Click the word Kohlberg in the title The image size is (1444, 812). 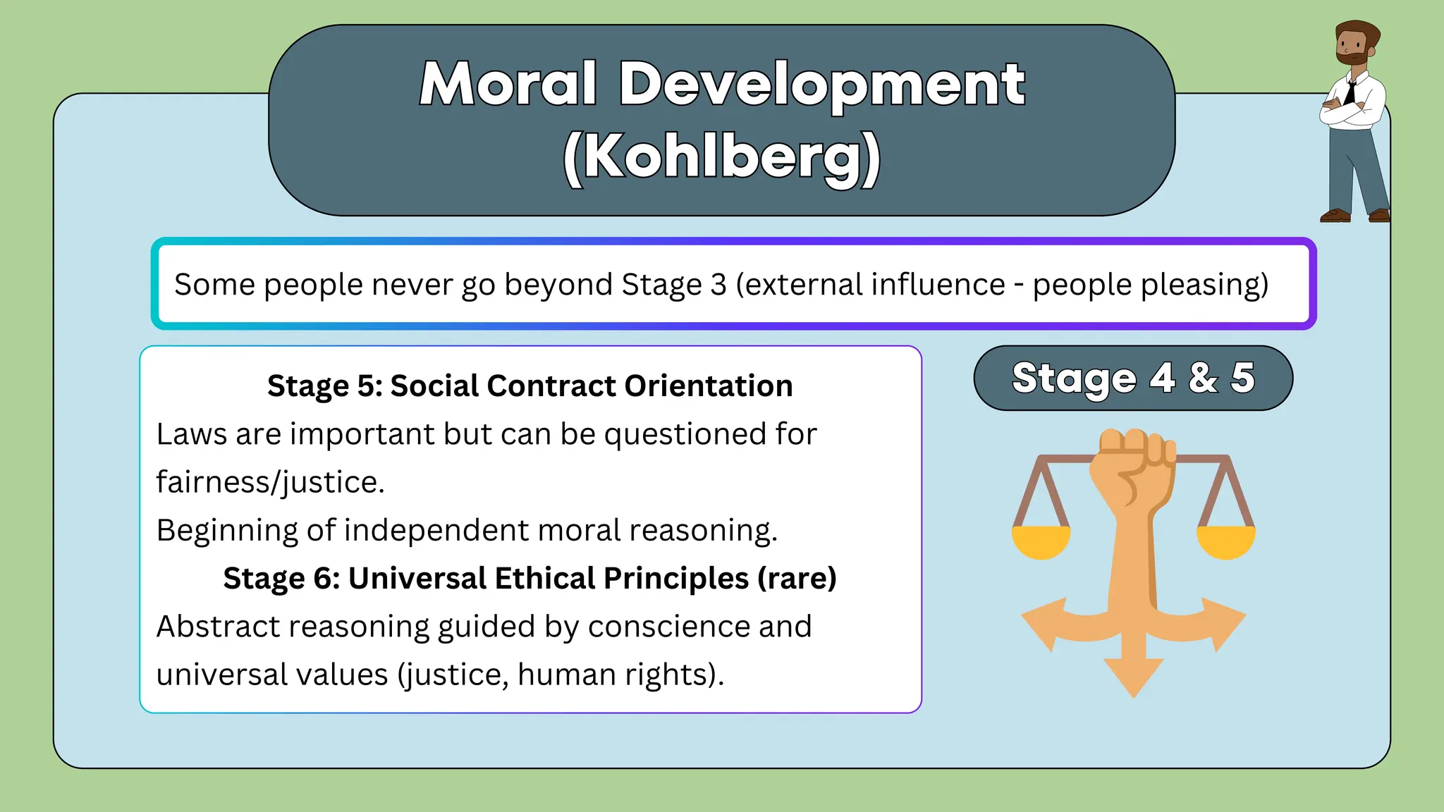point(722,156)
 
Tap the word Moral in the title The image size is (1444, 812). point(509,85)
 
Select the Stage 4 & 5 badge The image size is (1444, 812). point(1133,378)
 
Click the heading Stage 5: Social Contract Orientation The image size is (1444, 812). point(530,386)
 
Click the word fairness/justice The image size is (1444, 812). point(270,483)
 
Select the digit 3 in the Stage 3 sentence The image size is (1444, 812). point(718,285)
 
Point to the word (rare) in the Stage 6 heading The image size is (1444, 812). point(797,579)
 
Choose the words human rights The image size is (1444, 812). point(618,675)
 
